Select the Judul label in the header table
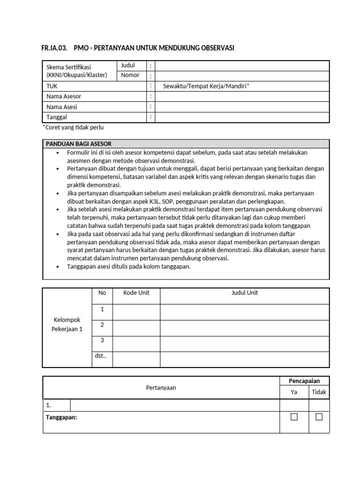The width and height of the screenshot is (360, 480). [128, 65]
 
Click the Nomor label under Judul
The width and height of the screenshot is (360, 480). [130, 75]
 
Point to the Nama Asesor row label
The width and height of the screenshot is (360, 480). [64, 97]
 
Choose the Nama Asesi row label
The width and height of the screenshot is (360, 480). [62, 107]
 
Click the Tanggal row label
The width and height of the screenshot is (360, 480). [57, 117]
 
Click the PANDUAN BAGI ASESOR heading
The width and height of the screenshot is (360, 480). [78, 144]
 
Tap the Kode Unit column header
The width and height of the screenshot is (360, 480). [136, 293]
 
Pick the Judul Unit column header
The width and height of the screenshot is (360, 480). [245, 293]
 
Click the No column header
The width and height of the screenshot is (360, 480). [102, 293]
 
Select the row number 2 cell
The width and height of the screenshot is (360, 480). [102, 325]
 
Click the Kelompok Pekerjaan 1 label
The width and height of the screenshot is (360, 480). [67, 324]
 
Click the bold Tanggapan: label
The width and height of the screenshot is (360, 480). [61, 417]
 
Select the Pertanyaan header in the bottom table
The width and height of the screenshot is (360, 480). [161, 388]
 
